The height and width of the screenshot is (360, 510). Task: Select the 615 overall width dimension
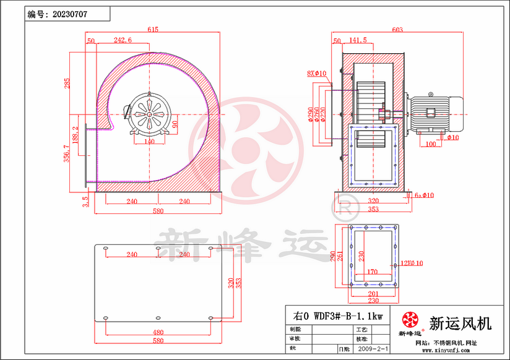(153, 30)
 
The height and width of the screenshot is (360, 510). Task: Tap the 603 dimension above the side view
(397, 30)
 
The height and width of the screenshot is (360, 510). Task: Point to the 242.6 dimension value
(123, 41)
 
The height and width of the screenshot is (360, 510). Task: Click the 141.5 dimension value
(358, 41)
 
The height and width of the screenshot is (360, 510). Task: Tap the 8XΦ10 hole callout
(316, 74)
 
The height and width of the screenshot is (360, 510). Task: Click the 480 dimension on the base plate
(158, 332)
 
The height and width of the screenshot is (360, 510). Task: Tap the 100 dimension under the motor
(431, 145)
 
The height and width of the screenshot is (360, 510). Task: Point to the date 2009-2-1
(371, 349)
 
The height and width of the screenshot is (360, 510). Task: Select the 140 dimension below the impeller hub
(149, 142)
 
